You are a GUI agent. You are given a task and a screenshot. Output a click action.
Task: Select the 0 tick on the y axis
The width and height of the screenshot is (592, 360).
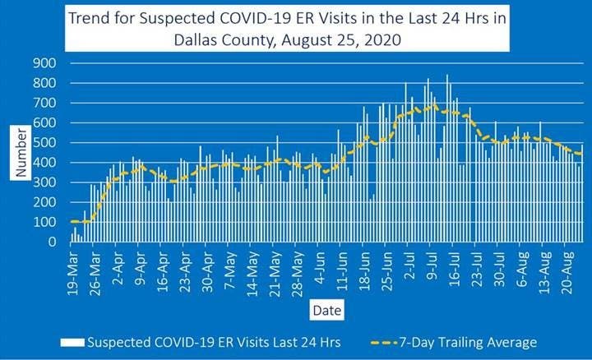tap(51, 242)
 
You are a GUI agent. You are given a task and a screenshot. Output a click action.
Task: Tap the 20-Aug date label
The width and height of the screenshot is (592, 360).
tap(567, 268)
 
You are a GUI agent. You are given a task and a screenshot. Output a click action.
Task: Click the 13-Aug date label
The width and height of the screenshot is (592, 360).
tap(545, 268)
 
